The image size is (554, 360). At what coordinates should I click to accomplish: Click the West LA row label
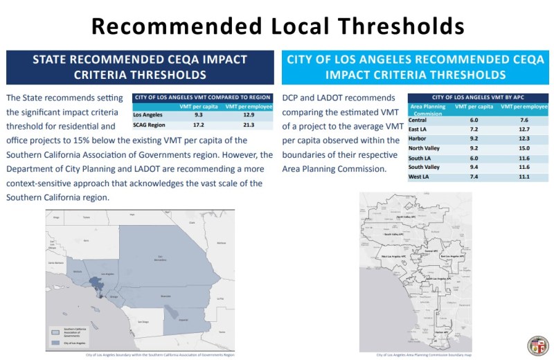click(420, 177)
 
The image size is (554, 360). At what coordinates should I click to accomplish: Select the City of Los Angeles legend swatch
click(55, 341)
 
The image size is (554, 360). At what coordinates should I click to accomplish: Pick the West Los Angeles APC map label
click(393, 256)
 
